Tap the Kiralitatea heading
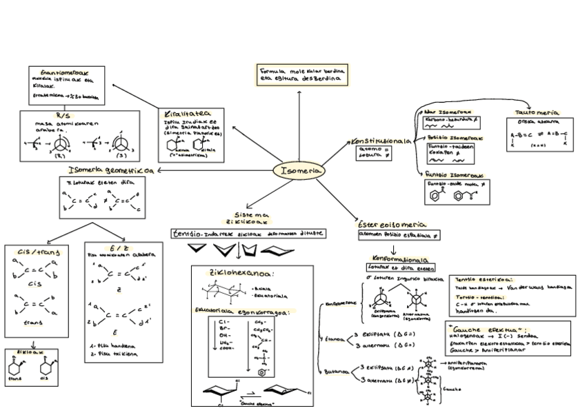tap(184, 114)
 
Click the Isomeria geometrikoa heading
tap(110, 170)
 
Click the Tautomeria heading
tap(537, 112)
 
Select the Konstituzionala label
tap(381, 141)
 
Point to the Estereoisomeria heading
tap(391, 225)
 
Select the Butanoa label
tap(337, 372)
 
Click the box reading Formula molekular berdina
tap(302, 74)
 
